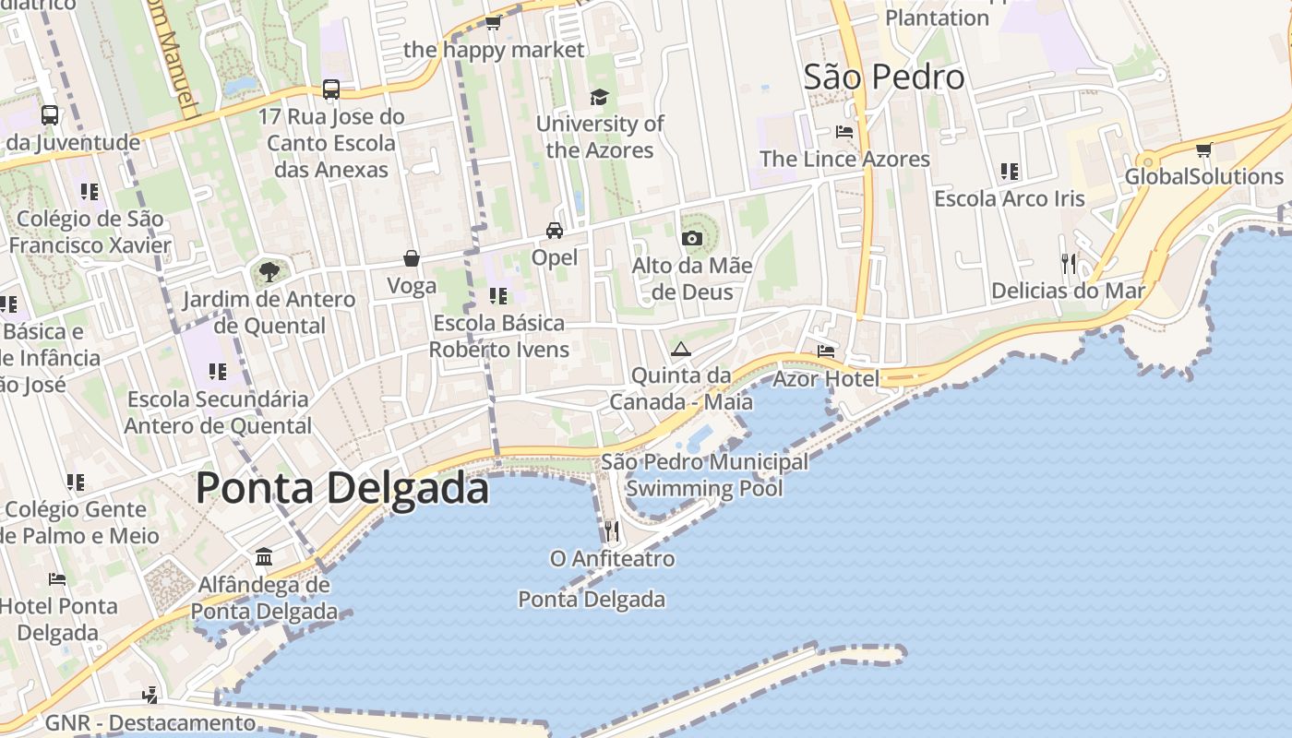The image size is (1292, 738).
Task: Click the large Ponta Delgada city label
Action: (341, 488)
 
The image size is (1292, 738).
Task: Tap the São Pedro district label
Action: (883, 77)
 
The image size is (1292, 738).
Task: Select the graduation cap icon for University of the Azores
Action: (599, 97)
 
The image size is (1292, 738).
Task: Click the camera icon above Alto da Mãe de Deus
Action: (691, 239)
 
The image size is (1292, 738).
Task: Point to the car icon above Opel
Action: (554, 231)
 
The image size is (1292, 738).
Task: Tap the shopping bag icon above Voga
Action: (412, 259)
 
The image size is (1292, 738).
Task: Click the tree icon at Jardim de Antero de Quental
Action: (269, 272)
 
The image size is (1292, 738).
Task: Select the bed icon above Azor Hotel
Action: (826, 351)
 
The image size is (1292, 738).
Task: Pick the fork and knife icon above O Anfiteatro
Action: (611, 530)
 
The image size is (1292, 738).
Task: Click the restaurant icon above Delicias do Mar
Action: (1069, 264)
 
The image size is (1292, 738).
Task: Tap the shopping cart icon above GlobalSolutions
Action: (1203, 149)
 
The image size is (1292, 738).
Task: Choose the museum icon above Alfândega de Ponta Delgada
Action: (264, 556)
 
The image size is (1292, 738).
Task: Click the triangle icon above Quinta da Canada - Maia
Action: (681, 349)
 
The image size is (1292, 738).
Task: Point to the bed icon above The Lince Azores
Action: (843, 132)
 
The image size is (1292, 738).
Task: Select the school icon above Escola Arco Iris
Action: (1009, 172)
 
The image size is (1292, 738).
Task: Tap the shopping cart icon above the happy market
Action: (494, 22)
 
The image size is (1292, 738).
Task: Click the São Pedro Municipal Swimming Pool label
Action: (705, 475)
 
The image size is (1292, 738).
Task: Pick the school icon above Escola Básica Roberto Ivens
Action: (498, 296)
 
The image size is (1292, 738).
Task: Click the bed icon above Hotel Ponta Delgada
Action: (57, 579)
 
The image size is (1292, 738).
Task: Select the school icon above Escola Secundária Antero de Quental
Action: (218, 372)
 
